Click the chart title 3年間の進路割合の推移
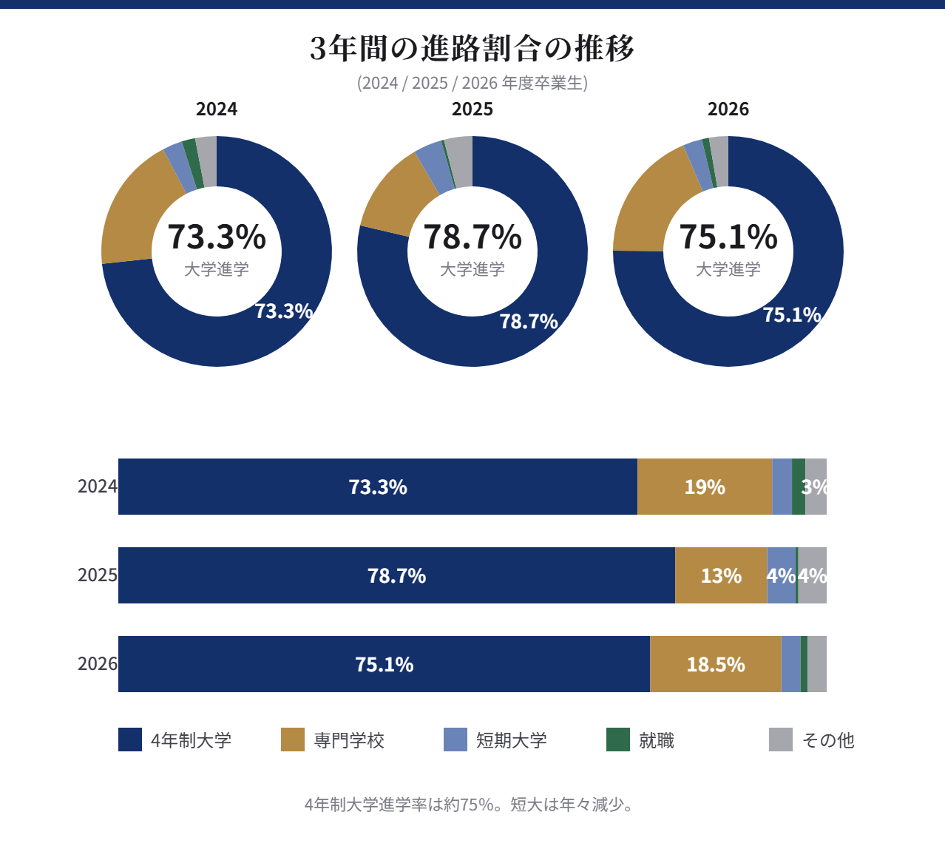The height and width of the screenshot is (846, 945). [472, 49]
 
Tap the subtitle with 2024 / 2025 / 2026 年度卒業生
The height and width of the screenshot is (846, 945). [472, 83]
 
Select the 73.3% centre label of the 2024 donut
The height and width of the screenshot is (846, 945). [217, 237]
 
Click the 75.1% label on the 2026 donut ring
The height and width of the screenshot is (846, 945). [792, 315]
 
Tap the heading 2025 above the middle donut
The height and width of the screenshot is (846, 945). [472, 109]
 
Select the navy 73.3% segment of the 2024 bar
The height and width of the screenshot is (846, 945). [377, 487]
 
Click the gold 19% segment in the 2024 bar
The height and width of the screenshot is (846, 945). [704, 487]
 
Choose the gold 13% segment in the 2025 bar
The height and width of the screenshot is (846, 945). [721, 575]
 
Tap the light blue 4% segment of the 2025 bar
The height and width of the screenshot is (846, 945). [781, 575]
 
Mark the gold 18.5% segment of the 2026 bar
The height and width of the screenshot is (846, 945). [715, 664]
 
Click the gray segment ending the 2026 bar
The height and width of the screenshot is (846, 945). [817, 664]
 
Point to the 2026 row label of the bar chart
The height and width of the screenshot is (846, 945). [97, 664]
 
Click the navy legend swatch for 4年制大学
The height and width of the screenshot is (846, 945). [130, 740]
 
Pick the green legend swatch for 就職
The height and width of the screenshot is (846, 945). [618, 740]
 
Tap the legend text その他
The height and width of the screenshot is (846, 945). [828, 740]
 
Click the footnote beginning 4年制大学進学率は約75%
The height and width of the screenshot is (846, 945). [470, 805]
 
